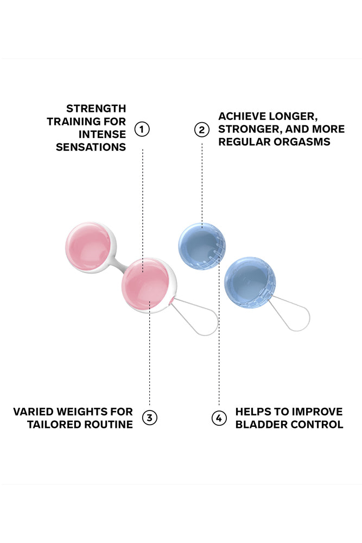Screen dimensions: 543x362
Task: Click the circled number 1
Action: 142,129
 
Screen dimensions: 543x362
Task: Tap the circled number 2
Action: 202,129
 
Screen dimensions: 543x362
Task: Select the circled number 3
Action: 150,418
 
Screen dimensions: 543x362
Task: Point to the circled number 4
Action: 219,418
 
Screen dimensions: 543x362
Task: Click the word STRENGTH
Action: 96,109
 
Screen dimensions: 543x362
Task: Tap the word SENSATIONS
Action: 91,147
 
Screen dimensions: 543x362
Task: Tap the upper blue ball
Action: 200,247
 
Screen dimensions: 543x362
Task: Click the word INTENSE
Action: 102,134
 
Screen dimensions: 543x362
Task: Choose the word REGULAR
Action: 243,142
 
